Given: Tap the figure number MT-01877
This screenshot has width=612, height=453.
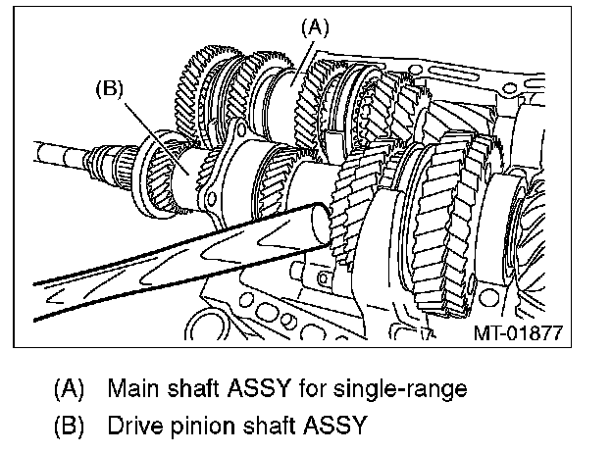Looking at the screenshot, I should pyautogui.click(x=519, y=332).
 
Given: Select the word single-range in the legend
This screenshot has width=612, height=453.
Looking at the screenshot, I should pyautogui.click(x=411, y=388).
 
